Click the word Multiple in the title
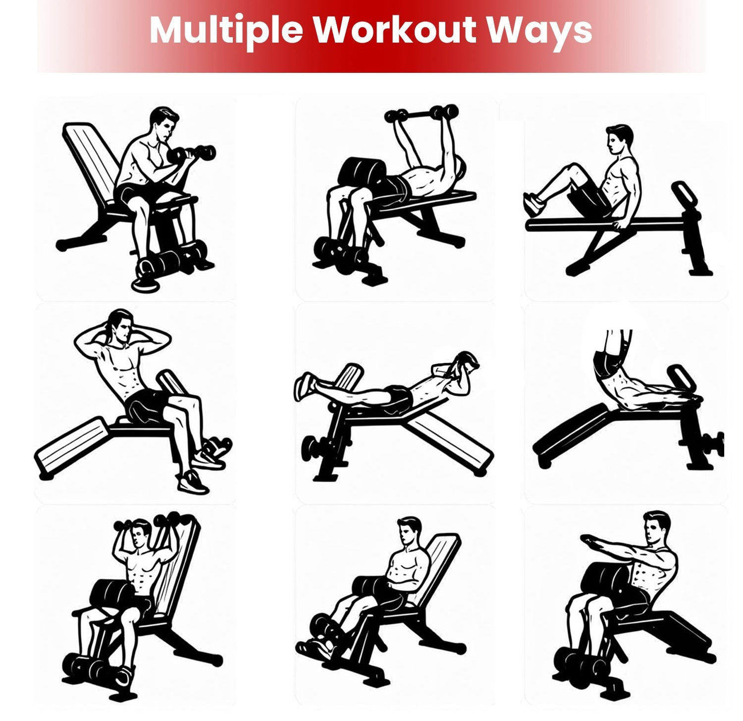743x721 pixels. (x=226, y=31)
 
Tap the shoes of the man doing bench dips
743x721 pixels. (x=534, y=204)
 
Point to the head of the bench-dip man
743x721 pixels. (x=619, y=140)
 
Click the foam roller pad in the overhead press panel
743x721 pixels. (x=110, y=590)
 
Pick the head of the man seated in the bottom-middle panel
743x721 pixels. (x=409, y=532)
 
